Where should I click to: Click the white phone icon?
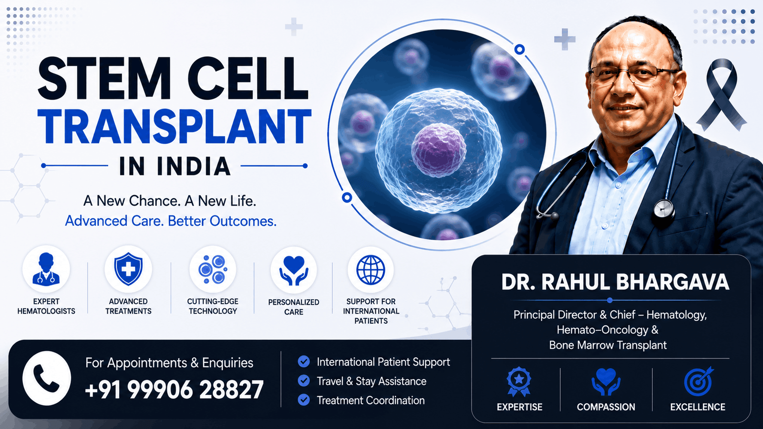click(47, 378)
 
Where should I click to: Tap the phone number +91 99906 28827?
click(175, 389)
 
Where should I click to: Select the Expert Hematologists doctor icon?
click(46, 269)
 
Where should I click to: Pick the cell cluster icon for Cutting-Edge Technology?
click(213, 269)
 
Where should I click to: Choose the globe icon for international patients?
click(371, 270)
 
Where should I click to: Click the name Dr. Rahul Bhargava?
click(615, 282)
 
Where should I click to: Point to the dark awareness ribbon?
click(722, 94)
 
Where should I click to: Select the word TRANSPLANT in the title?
click(174, 127)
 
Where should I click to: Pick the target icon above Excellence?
click(698, 381)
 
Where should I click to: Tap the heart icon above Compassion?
click(606, 382)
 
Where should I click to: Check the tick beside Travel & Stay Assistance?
click(303, 381)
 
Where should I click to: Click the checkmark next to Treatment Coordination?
click(303, 400)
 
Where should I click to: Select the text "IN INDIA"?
click(175, 166)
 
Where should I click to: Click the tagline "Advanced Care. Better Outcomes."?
click(171, 221)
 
